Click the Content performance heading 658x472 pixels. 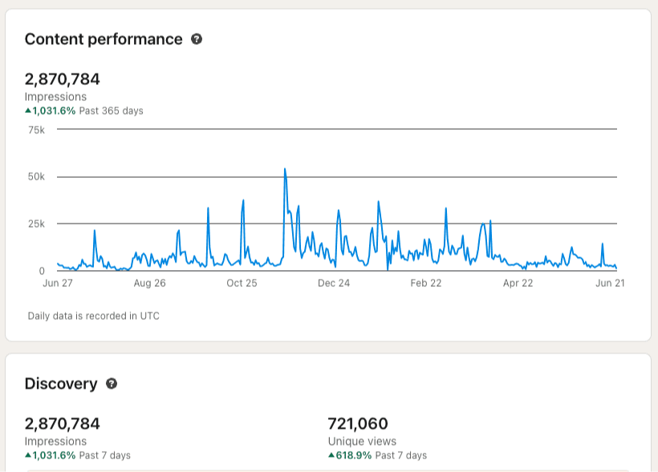click(104, 39)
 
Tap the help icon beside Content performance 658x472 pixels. click(197, 39)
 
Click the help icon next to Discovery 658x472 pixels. click(112, 384)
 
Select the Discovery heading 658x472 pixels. click(61, 384)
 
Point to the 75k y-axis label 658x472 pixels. click(36, 130)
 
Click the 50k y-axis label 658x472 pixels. click(36, 177)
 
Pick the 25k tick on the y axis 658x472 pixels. click(36, 224)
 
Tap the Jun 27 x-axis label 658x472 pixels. click(57, 283)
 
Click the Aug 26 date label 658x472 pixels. click(149, 283)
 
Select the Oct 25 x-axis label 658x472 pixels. click(242, 283)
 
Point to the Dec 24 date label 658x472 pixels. click(334, 283)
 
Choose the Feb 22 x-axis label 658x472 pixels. click(426, 283)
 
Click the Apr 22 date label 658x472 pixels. click(518, 283)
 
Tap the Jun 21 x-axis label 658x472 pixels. click(611, 283)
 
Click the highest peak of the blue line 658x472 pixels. click(285, 169)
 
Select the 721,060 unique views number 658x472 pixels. click(358, 423)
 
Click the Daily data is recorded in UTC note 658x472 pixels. click(94, 316)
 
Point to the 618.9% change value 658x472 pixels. click(353, 455)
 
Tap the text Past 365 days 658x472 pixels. click(111, 111)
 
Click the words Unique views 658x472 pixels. click(362, 441)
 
